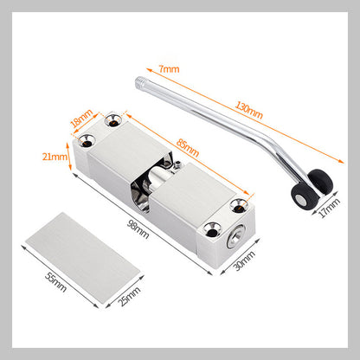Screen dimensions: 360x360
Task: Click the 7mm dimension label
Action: tap(169, 69)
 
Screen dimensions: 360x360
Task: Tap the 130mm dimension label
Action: tap(248, 110)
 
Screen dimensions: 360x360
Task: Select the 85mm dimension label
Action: tap(188, 148)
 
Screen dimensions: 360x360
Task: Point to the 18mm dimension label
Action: tap(81, 119)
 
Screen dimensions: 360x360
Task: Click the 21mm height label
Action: tap(55, 157)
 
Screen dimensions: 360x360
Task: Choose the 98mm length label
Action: tap(138, 229)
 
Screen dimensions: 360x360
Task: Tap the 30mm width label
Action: tap(244, 260)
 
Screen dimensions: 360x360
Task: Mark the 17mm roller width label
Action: tap(329, 208)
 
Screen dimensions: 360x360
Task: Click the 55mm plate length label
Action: tap(55, 282)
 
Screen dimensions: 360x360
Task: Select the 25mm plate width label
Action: tap(129, 296)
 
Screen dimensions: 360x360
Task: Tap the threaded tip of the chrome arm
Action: tap(139, 81)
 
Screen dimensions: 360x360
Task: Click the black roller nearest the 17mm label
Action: tap(320, 183)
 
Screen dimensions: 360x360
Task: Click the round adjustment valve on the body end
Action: tap(235, 237)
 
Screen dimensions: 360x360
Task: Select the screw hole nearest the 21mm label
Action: tap(86, 141)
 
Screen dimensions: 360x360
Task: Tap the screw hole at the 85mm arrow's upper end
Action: tap(113, 120)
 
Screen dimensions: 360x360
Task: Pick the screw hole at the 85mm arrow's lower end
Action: tap(240, 205)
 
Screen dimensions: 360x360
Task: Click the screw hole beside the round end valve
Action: tap(213, 229)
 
